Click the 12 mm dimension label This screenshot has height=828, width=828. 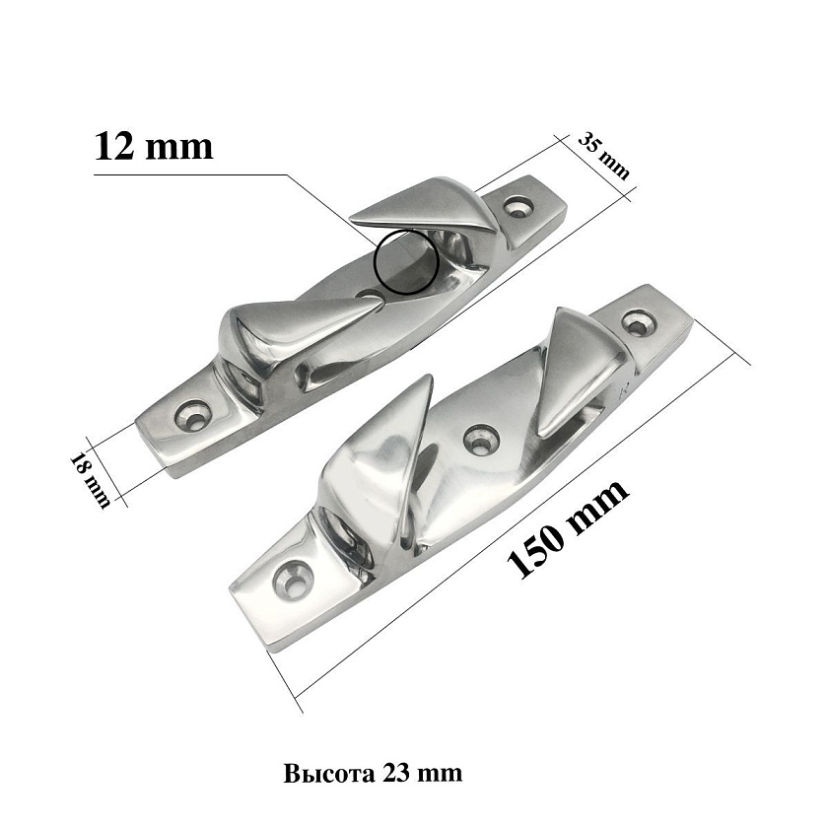point(154,146)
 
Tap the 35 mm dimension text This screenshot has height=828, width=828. point(604,156)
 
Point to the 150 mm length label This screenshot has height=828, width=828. point(568,528)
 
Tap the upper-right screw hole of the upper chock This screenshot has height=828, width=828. point(517,206)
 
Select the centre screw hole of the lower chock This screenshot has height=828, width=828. point(481,438)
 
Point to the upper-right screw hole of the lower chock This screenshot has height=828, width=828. point(639,323)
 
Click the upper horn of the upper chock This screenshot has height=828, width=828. point(428,206)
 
